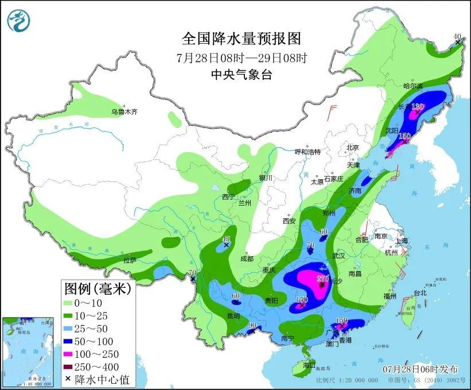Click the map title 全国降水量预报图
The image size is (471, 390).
(241, 39)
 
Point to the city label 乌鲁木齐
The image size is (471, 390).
(124, 112)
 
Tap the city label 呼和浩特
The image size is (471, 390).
(307, 152)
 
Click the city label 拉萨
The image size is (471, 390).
(130, 260)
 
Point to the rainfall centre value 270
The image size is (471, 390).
(323, 279)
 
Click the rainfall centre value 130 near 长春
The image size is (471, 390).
(417, 107)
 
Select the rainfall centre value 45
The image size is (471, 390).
(226, 239)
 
